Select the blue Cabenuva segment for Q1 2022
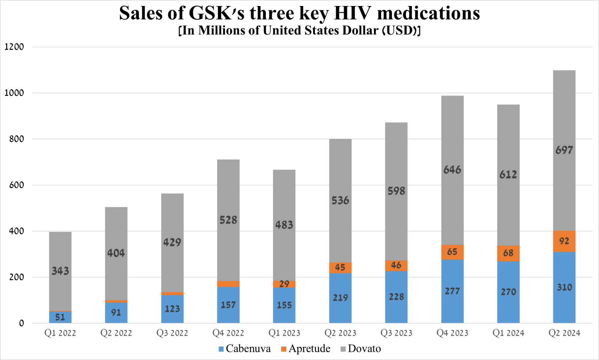point(60,317)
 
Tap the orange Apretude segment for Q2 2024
point(564,241)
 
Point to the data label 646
point(452,170)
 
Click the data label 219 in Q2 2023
point(340,298)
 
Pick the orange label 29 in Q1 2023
point(284,284)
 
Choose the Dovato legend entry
point(361,349)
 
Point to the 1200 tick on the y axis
point(14,47)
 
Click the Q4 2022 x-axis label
point(228,333)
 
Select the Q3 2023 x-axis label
point(396,333)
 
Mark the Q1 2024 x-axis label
point(508,333)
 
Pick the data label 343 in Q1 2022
point(60,271)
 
